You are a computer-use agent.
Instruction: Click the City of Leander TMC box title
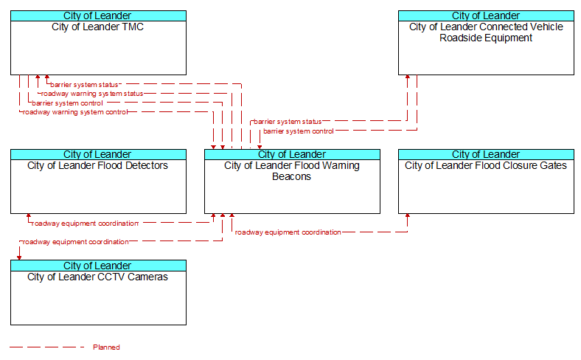point(97,27)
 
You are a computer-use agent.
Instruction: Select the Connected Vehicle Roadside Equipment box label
point(486,32)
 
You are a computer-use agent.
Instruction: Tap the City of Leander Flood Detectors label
point(97,166)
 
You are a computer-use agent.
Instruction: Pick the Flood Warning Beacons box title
point(292,171)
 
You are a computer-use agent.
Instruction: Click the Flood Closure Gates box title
point(486,166)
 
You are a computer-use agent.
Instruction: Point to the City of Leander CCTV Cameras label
point(97,277)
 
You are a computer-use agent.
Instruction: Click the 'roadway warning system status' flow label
point(92,94)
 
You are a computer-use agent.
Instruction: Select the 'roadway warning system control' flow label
point(75,112)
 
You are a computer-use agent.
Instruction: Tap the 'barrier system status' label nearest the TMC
point(84,85)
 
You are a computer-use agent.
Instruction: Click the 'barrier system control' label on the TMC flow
point(67,103)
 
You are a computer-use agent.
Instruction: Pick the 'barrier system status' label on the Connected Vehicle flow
point(288,122)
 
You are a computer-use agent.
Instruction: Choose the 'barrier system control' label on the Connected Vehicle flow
point(298,131)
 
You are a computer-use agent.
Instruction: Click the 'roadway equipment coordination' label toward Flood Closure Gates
point(288,232)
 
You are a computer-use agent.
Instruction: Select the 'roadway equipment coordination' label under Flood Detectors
point(85,223)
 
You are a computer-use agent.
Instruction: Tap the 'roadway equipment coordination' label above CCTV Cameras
point(75,242)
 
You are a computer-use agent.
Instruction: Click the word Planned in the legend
point(106,347)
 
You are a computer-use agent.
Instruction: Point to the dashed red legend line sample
point(46,347)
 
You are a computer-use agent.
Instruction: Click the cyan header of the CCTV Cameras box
point(97,266)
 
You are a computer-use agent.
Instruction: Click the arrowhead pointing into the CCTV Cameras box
point(19,257)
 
